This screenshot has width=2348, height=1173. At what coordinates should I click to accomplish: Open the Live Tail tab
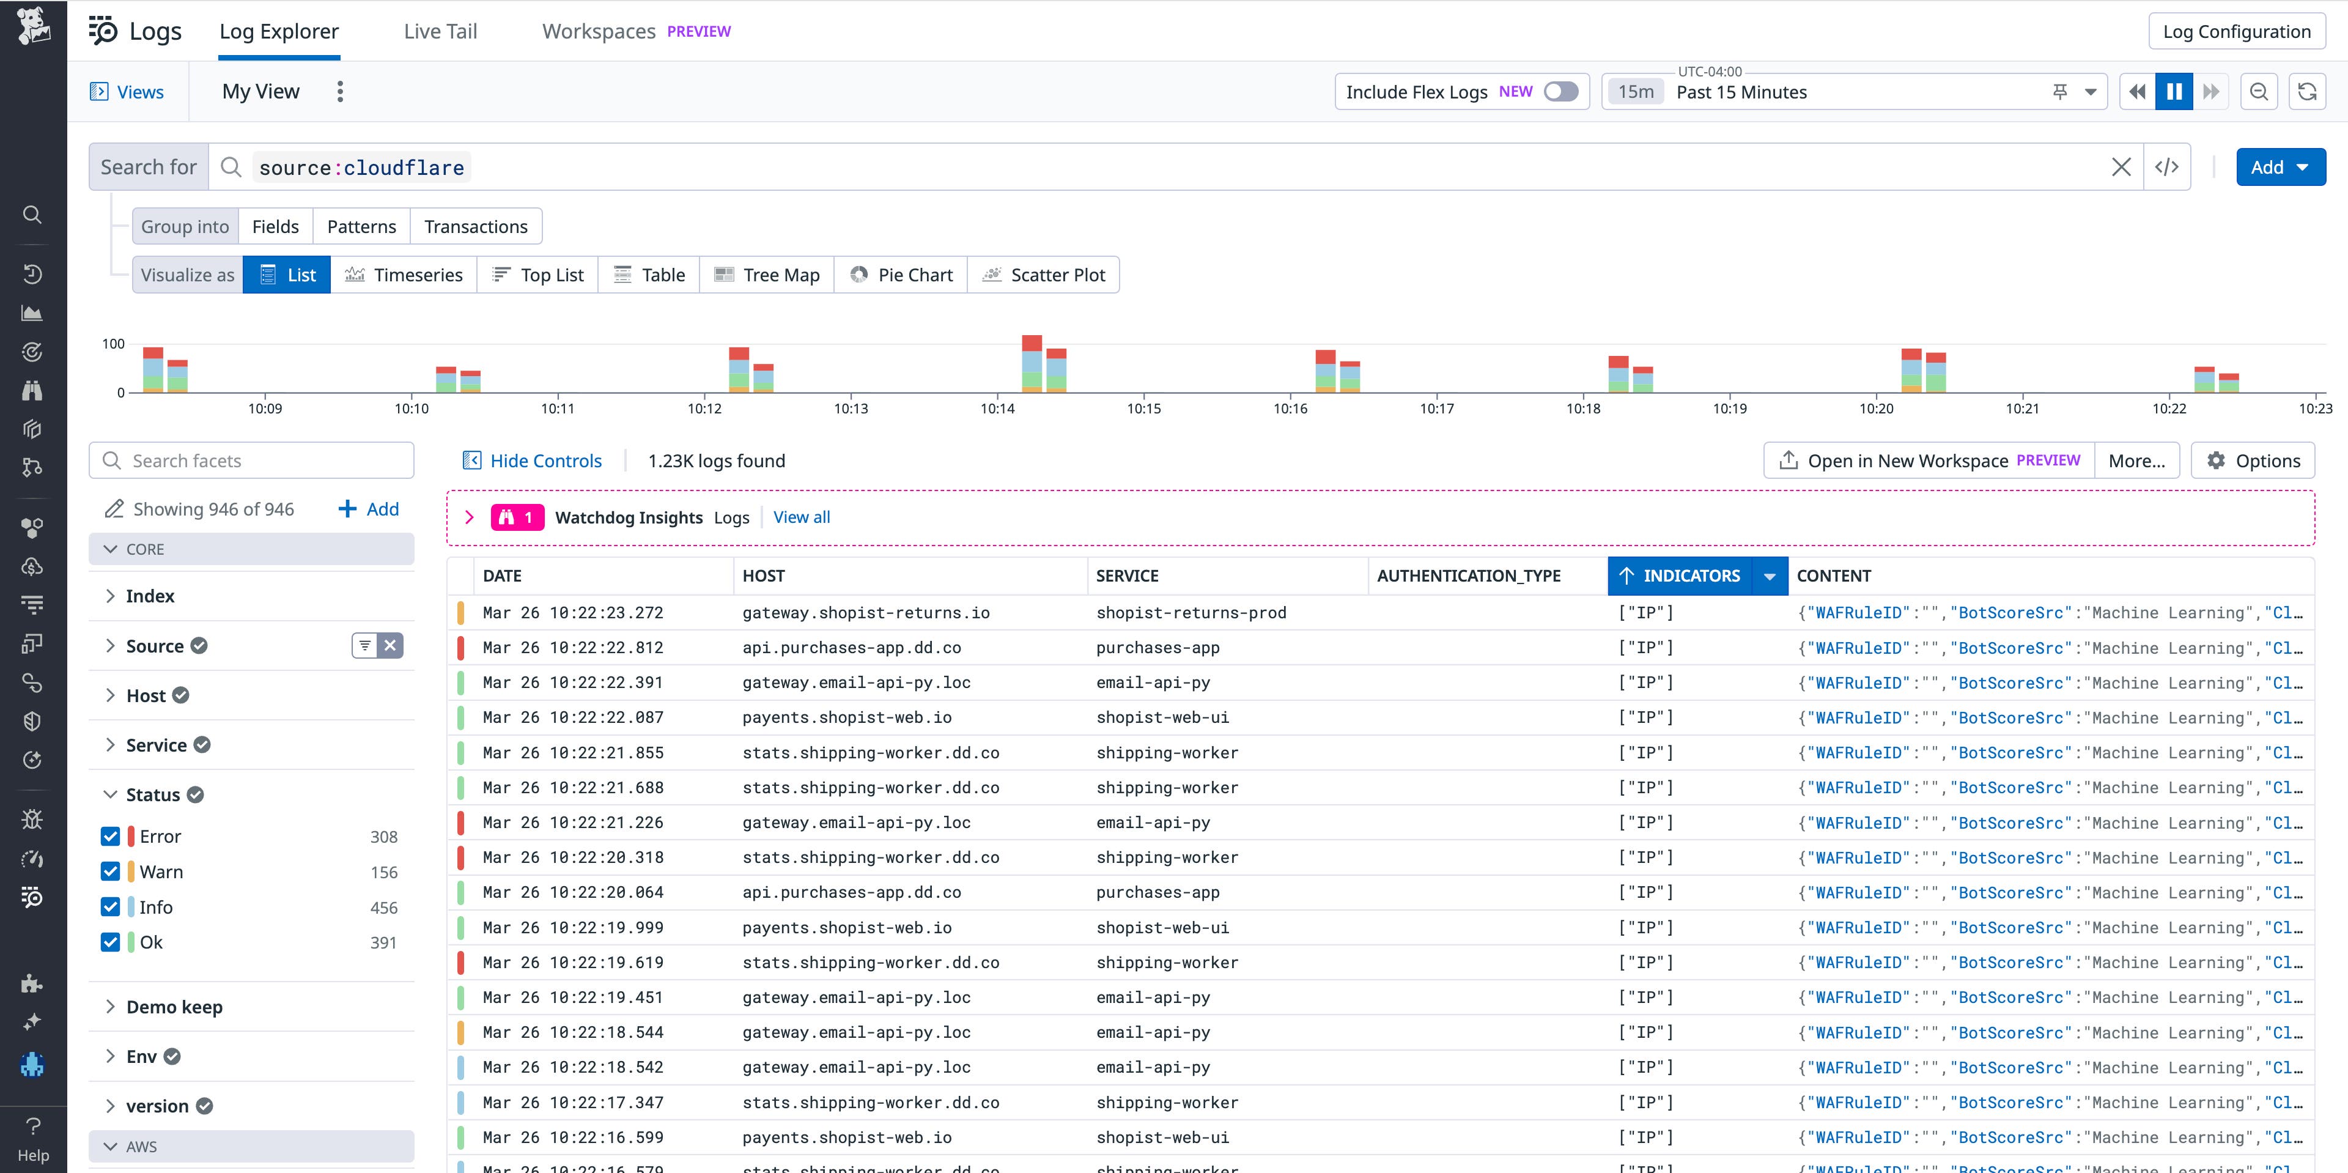click(x=440, y=31)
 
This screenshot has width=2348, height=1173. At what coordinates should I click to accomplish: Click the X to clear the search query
click(x=2121, y=167)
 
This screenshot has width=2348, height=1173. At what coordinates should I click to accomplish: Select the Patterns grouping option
click(x=361, y=226)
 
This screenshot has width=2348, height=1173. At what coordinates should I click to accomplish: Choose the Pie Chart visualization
click(x=901, y=275)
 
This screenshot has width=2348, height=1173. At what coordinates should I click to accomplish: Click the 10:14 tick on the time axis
click(x=997, y=409)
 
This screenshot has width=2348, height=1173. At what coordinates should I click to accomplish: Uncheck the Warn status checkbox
click(x=110, y=871)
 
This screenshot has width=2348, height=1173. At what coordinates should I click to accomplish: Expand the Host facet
click(x=146, y=695)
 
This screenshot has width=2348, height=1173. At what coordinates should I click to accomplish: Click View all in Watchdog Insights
click(x=801, y=517)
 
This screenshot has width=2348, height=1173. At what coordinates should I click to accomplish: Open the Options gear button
click(x=2253, y=461)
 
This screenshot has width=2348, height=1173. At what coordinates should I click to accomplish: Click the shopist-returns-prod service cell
click(x=1191, y=612)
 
